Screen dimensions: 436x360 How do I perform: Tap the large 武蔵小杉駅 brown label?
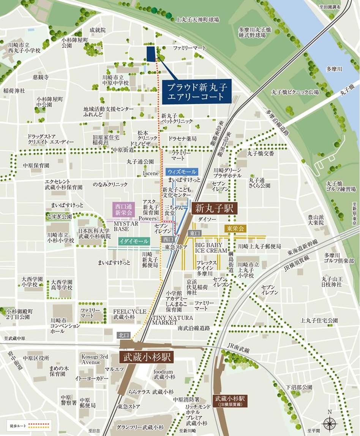pos(147,357)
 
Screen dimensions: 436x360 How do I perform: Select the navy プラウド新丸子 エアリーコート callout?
pos(197,91)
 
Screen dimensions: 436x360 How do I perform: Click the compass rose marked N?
pos(329,423)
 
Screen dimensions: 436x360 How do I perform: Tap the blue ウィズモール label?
pos(182,172)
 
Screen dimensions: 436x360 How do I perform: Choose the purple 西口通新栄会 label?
pos(124,209)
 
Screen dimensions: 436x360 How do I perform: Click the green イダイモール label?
pos(128,241)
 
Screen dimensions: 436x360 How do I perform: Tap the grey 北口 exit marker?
pos(124,335)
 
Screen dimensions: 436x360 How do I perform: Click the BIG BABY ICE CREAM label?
pos(211,248)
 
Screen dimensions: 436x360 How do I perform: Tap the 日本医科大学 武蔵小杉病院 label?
pos(94,233)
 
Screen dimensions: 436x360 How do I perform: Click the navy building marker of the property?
pos(151,54)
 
